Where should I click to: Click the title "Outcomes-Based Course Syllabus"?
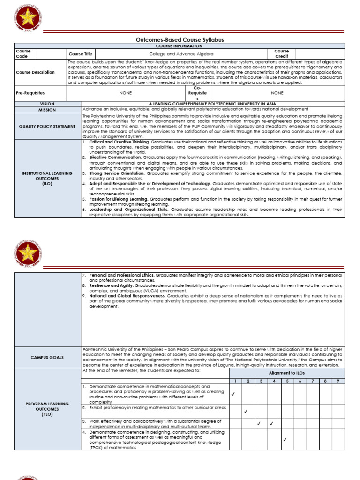click(180, 40)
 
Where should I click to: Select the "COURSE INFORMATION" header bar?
click(180, 45)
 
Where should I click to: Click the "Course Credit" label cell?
click(281, 54)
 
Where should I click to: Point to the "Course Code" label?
click(23, 54)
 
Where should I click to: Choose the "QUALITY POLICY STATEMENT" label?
click(47, 126)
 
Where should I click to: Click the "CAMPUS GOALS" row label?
click(47, 357)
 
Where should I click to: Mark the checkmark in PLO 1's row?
click(233, 394)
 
